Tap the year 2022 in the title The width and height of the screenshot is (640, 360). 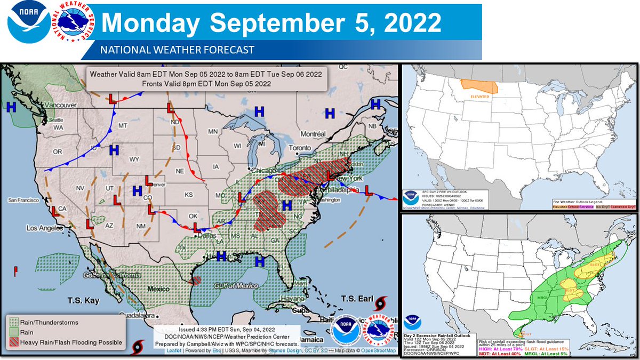point(408,23)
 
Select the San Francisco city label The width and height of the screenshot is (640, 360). point(23,201)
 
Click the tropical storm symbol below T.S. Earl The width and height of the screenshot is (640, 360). point(380,305)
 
